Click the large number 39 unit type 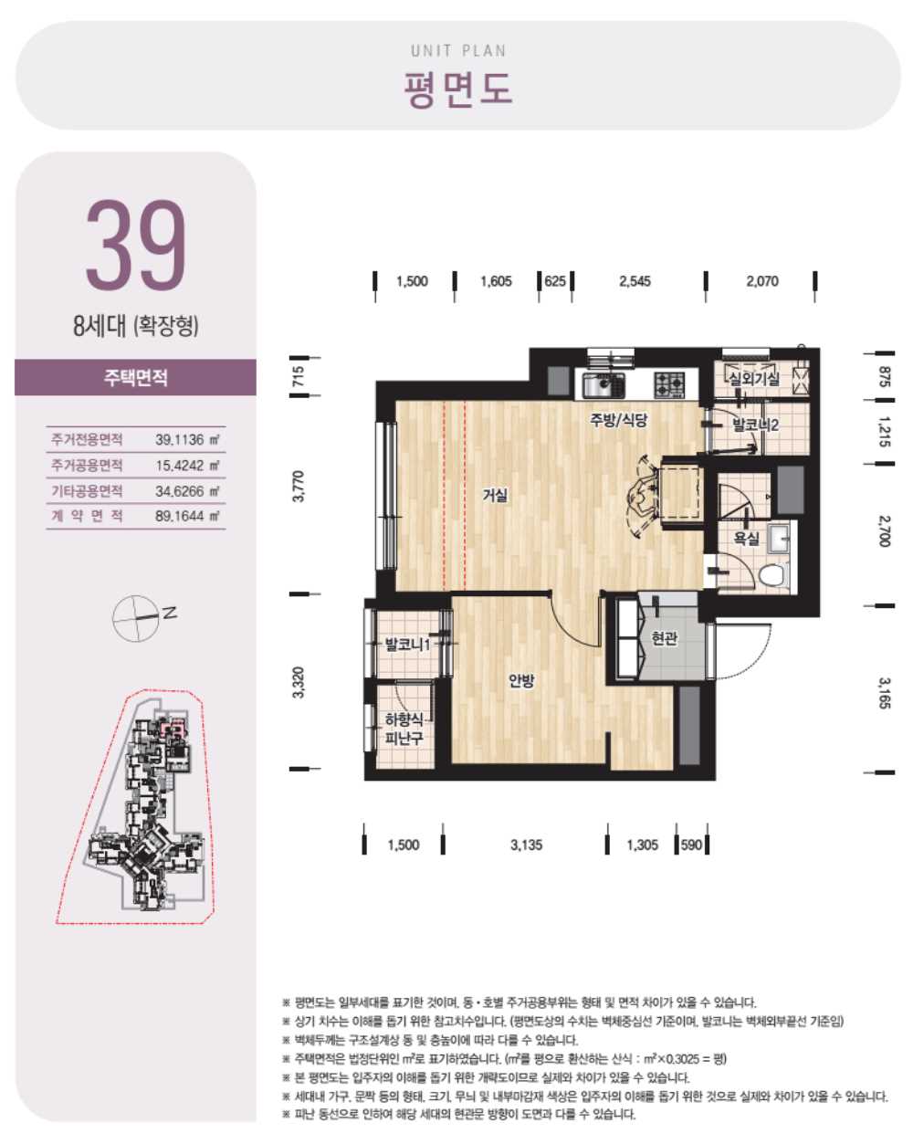pyautogui.click(x=136, y=245)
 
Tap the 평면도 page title pyautogui.click(x=457, y=89)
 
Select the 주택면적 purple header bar pyautogui.click(x=136, y=377)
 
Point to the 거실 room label pyautogui.click(x=495, y=495)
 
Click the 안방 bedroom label pyautogui.click(x=521, y=680)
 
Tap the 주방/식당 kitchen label pyautogui.click(x=618, y=420)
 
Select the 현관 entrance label pyautogui.click(x=664, y=638)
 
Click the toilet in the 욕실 pyautogui.click(x=771, y=575)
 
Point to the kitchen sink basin pyautogui.click(x=603, y=385)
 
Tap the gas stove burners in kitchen pyautogui.click(x=669, y=385)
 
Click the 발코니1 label pyautogui.click(x=408, y=645)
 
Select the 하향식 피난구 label pyautogui.click(x=404, y=729)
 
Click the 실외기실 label pyautogui.click(x=753, y=379)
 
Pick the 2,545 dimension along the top pyautogui.click(x=635, y=281)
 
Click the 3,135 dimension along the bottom pyautogui.click(x=527, y=845)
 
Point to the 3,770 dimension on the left pyautogui.click(x=299, y=486)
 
